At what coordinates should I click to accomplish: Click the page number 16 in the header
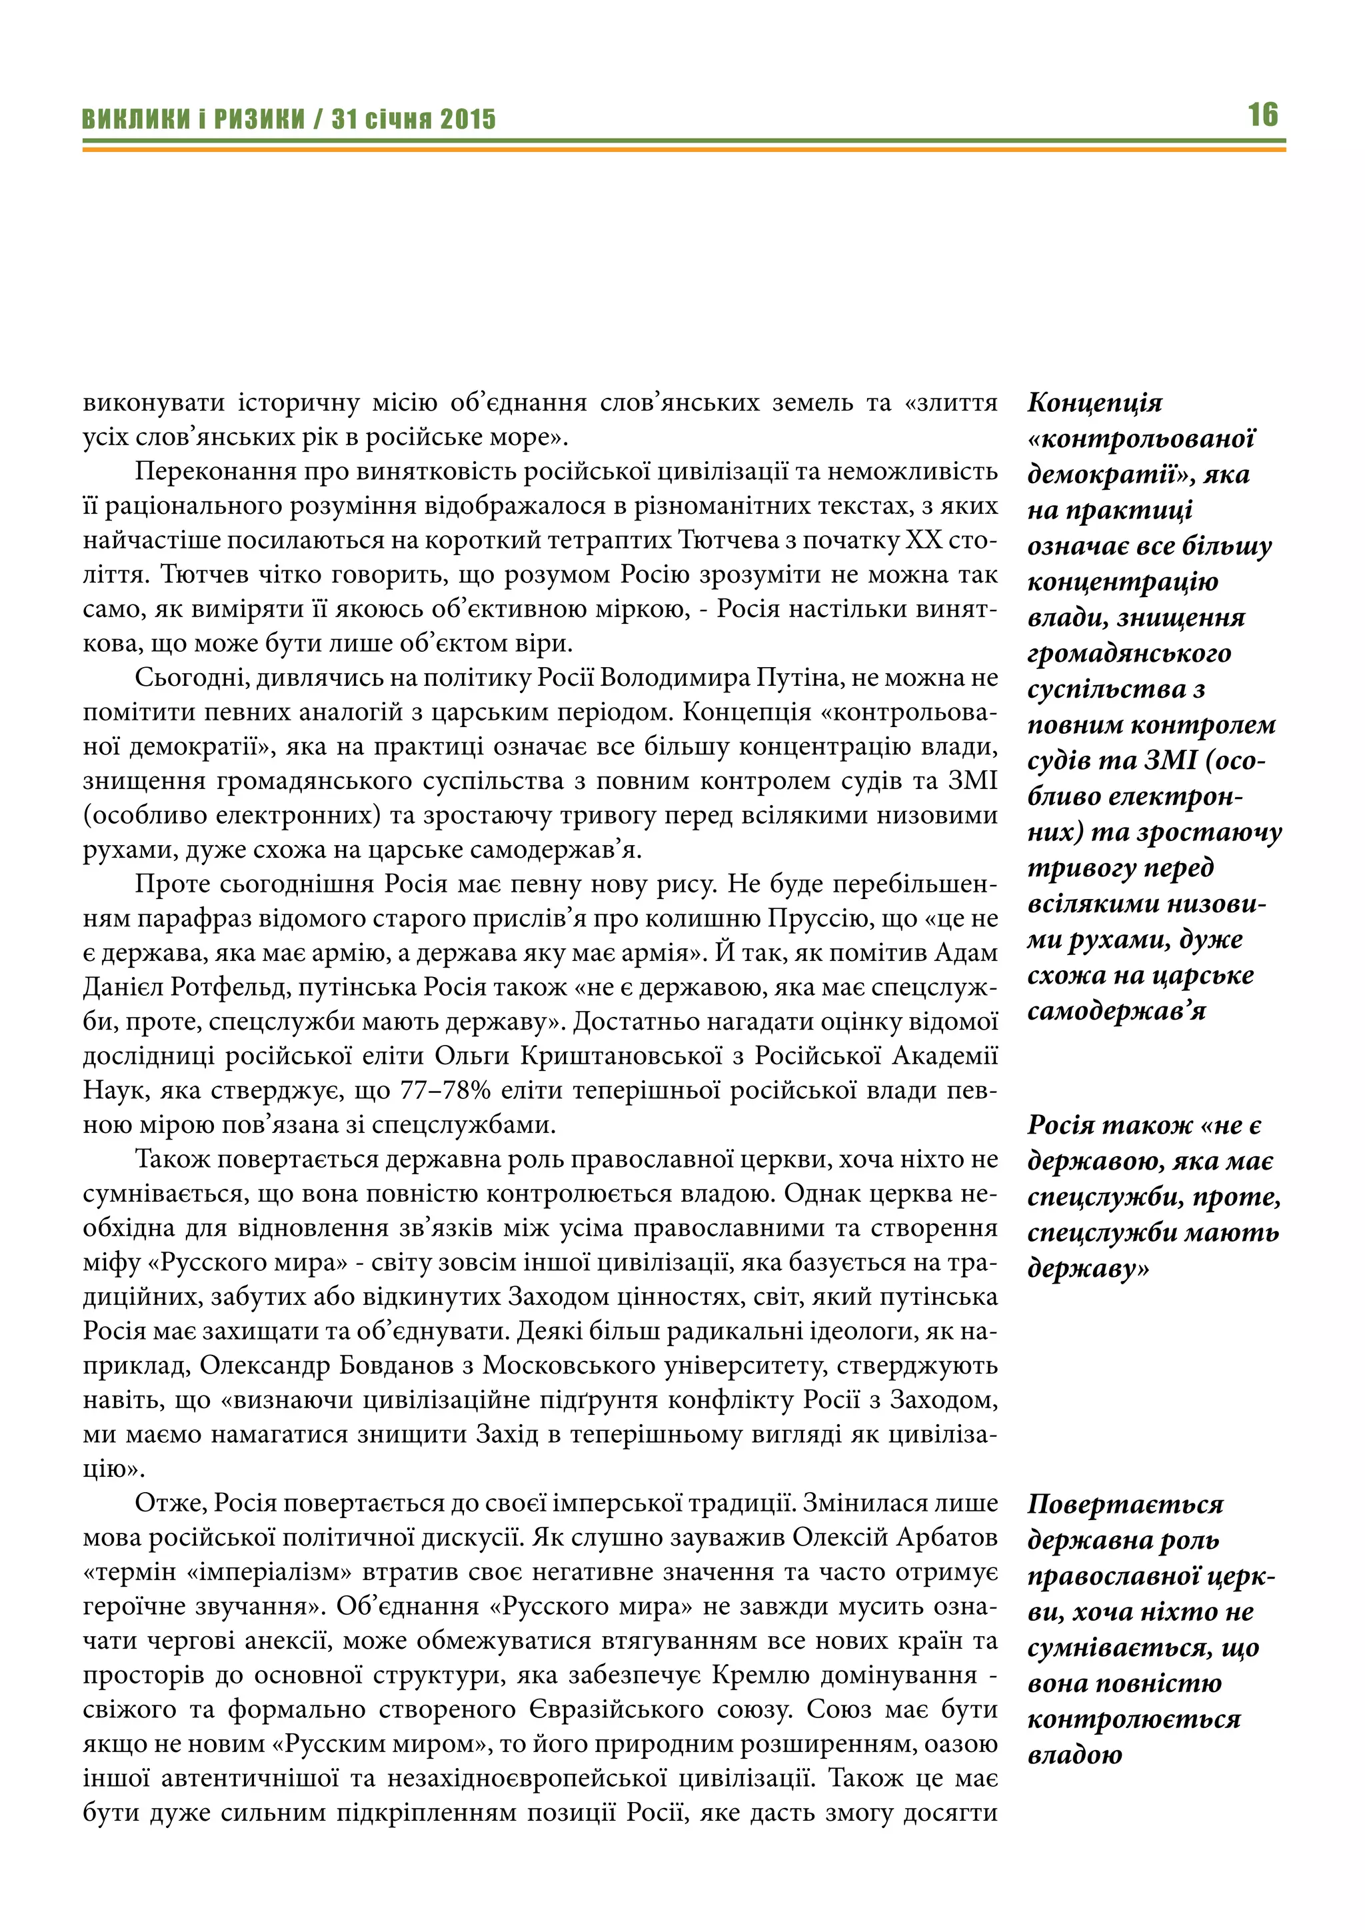(x=1262, y=115)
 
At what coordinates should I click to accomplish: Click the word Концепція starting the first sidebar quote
(x=1094, y=403)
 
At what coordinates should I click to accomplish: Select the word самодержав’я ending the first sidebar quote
(x=1116, y=1011)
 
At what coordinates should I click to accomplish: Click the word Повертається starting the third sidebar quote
(x=1124, y=1504)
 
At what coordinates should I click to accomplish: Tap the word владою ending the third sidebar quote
(x=1074, y=1755)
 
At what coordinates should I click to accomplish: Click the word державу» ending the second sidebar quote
(x=1088, y=1268)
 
